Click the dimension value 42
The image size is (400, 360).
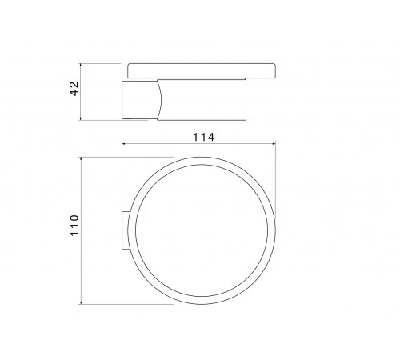tap(74, 88)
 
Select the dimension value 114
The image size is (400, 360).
tap(203, 138)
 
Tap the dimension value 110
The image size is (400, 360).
tap(74, 226)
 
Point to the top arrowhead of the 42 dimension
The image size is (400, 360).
tap(80, 66)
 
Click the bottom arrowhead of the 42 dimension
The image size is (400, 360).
tap(80, 118)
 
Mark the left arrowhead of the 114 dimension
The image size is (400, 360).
tap(124, 144)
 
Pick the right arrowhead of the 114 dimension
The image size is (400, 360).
tap(273, 144)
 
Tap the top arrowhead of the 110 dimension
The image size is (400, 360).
tap(80, 159)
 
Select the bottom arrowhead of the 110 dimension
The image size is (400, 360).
tap(80, 302)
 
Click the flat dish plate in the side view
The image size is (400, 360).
tap(202, 70)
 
